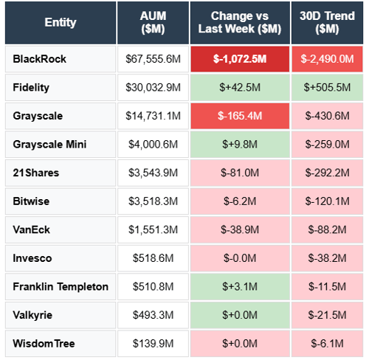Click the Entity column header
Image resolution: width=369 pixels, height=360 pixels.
point(60,22)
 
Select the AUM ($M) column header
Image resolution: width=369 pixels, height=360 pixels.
point(153,22)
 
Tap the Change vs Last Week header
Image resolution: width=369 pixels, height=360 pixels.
point(240,22)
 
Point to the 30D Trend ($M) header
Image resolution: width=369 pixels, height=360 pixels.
point(326,22)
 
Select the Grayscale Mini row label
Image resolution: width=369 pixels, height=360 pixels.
point(49,144)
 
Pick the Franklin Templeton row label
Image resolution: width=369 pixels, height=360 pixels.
point(61,286)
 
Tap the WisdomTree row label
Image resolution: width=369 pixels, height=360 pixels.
point(44,343)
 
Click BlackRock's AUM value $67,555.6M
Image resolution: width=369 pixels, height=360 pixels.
point(153,58)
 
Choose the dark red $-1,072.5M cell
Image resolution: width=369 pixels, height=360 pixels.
point(240,58)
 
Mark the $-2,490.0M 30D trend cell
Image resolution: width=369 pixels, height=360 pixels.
point(326,58)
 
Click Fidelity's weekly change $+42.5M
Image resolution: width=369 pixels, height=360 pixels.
point(240,87)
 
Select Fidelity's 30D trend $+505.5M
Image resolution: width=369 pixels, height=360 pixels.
point(326,87)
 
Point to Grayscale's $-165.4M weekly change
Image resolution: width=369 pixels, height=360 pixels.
point(240,116)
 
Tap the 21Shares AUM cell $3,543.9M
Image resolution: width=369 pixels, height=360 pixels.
point(153,173)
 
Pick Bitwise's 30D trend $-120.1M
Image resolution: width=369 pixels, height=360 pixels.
point(326,201)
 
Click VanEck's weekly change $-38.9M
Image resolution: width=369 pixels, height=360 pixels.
point(240,229)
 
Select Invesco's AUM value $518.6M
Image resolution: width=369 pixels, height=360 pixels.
point(153,258)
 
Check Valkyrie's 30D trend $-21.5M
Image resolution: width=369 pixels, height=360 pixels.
point(326,315)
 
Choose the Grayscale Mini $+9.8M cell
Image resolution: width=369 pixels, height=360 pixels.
point(240,144)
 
